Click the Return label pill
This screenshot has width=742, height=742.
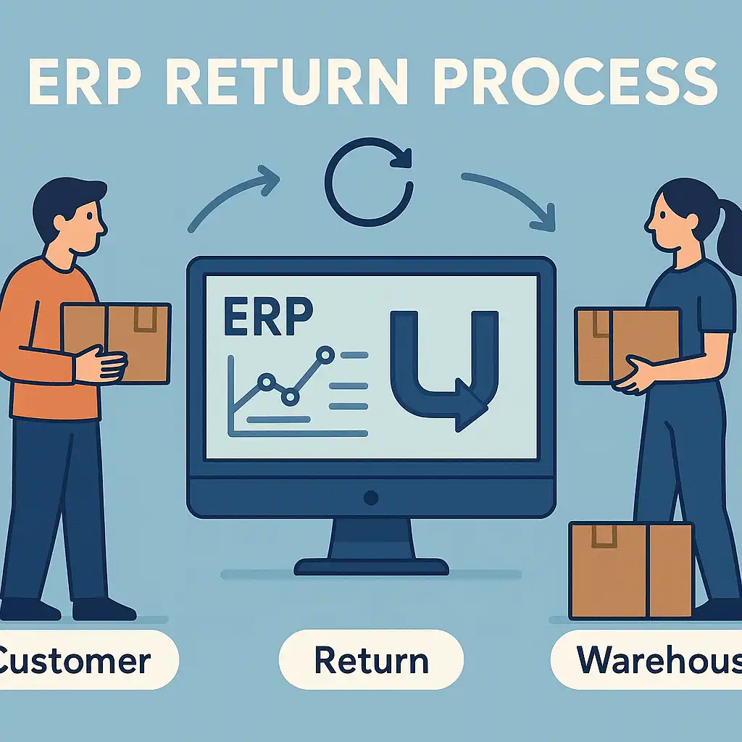pos(371,661)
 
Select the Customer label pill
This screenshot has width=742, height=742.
pos(80,661)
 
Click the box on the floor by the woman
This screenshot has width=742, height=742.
pos(630,570)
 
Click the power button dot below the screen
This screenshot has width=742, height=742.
pos(371,498)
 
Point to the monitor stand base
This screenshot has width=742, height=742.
pos(371,565)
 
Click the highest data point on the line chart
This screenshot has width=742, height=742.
pos(325,355)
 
